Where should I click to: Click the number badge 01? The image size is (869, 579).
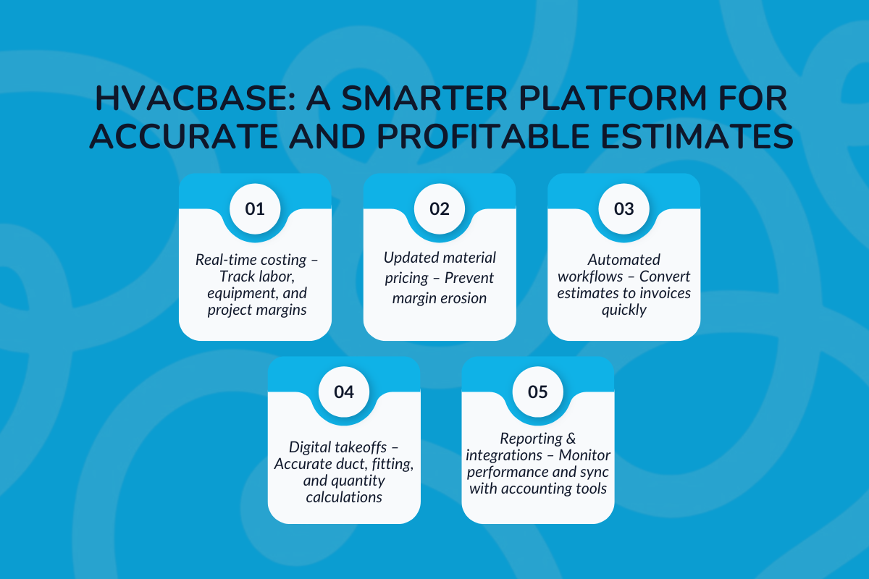click(x=255, y=209)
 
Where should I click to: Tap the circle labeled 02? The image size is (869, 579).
click(x=440, y=209)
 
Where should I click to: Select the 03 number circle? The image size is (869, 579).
click(x=624, y=209)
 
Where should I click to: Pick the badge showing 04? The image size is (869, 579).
click(x=344, y=392)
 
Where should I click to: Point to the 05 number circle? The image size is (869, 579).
click(x=538, y=392)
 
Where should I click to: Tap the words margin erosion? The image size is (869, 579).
click(x=439, y=298)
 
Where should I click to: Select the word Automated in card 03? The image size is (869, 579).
click(x=624, y=258)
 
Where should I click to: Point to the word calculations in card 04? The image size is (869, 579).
click(x=344, y=497)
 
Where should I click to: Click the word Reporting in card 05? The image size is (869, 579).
click(x=531, y=439)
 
